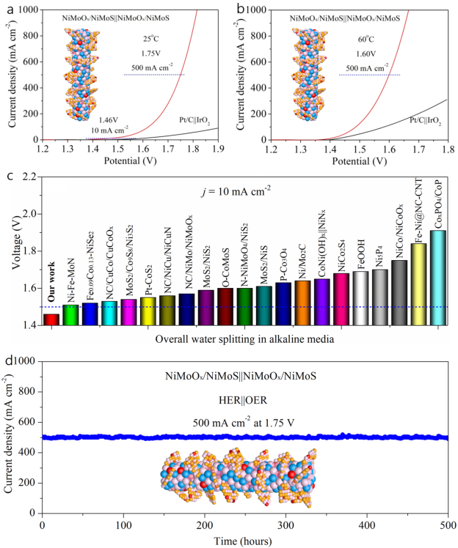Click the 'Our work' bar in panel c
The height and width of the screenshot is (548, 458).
tap(52, 319)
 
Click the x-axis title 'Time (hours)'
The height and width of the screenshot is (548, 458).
tap(244, 540)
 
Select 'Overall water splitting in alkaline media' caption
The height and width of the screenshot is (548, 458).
tap(245, 338)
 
